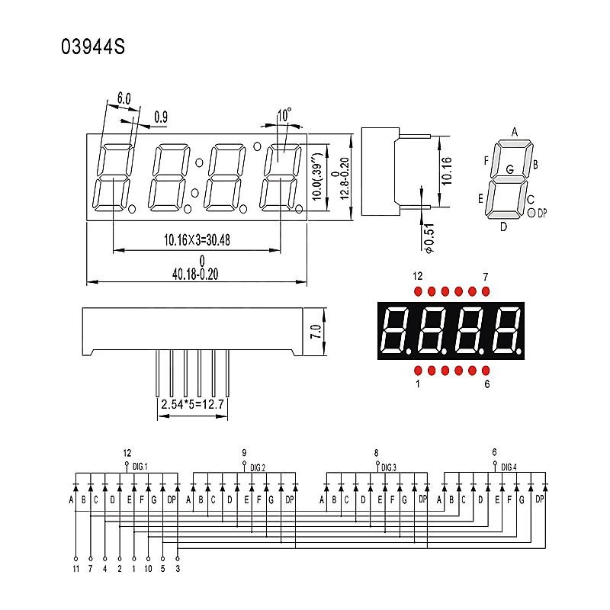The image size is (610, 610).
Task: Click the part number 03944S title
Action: (92, 48)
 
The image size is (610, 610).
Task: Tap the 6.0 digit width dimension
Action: (124, 98)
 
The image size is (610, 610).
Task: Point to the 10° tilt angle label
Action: (284, 115)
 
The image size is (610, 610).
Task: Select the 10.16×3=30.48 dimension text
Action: (197, 239)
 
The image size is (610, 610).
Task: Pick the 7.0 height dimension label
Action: (315, 331)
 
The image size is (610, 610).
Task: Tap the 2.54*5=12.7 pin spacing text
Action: (192, 404)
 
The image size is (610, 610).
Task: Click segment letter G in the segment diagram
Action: (509, 169)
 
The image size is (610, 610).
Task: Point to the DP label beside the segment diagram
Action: (542, 214)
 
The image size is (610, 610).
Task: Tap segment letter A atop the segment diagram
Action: (515, 131)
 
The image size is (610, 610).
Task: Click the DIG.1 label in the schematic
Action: (140, 466)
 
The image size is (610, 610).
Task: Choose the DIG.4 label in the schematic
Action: (509, 466)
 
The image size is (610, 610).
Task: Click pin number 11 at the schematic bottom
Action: (75, 568)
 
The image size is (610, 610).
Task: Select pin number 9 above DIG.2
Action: (244, 452)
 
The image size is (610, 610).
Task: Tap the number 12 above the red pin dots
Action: (417, 275)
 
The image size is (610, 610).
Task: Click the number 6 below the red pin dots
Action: (486, 384)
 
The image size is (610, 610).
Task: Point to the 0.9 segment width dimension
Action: (161, 117)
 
